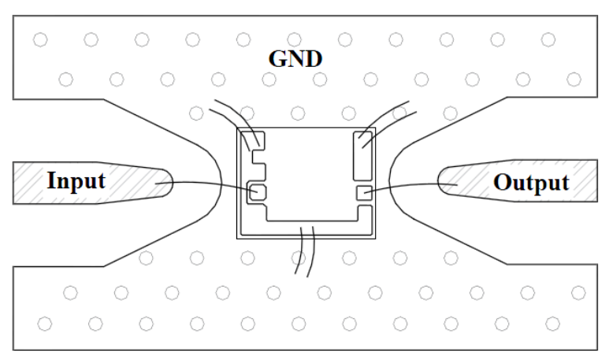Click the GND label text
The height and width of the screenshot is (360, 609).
pos(295,59)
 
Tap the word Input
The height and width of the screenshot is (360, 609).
pos(76,180)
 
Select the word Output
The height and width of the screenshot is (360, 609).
pos(531,182)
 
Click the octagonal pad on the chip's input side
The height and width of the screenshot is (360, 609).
pos(258,192)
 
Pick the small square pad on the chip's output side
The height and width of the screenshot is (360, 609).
pos(364,193)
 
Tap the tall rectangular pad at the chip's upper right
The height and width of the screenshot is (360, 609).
pos(362,156)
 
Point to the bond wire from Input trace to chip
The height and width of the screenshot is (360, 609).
pos(206,184)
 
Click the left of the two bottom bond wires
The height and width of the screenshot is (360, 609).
pos(302,251)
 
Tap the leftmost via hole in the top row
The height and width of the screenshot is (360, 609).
pos(40,39)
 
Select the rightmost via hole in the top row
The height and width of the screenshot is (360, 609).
pos(548,39)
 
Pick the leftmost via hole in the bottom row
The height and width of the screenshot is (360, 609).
pos(45,324)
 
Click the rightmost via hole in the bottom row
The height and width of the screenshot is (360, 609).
pos(552,324)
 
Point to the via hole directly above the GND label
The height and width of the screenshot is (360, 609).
pos(294,39)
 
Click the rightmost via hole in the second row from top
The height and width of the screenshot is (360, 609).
pos(574,80)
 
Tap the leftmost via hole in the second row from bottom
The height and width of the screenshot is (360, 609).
pos(70,293)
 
